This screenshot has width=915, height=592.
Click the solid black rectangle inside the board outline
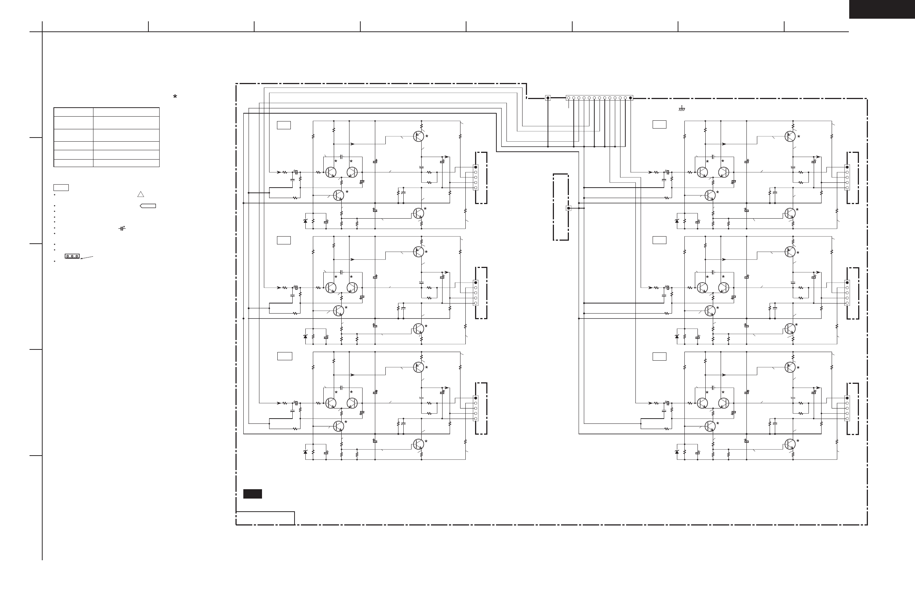pyautogui.click(x=253, y=494)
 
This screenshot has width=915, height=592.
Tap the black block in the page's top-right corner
pyautogui.click(x=882, y=9)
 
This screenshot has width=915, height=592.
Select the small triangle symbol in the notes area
pyautogui.click(x=141, y=194)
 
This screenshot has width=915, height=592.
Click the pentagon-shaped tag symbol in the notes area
pyautogui.click(x=148, y=206)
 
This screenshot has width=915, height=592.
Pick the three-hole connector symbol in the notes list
pyautogui.click(x=72, y=256)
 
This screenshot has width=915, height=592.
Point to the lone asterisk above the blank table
pyautogui.click(x=175, y=96)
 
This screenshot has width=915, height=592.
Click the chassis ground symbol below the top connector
pyautogui.click(x=682, y=109)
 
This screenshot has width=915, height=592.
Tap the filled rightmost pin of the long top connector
pyautogui.click(x=630, y=98)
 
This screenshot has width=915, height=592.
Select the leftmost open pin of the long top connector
pyautogui.click(x=569, y=98)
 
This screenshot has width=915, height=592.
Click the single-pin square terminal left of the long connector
pyautogui.click(x=548, y=98)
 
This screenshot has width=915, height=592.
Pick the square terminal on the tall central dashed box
pyautogui.click(x=569, y=208)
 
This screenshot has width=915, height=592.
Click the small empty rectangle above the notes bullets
pyautogui.click(x=61, y=188)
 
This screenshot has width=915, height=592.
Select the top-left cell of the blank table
pyautogui.click(x=73, y=112)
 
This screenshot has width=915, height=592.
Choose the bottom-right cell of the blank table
pyautogui.click(x=126, y=163)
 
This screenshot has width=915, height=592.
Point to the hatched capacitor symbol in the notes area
pyautogui.click(x=122, y=229)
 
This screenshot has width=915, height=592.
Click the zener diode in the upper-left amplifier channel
pyautogui.click(x=306, y=221)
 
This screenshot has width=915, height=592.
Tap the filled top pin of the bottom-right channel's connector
pyautogui.click(x=847, y=398)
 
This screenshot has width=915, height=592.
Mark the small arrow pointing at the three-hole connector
pyautogui.click(x=87, y=258)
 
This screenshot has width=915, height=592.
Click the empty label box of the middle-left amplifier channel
pyautogui.click(x=284, y=240)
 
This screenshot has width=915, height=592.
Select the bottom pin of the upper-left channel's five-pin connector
pyautogui.click(x=475, y=188)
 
